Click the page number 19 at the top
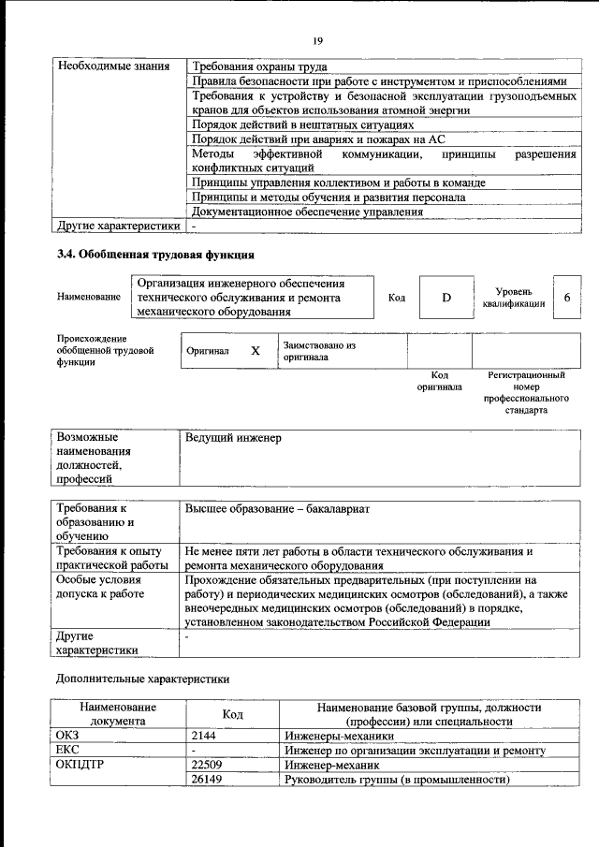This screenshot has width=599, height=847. click(x=317, y=39)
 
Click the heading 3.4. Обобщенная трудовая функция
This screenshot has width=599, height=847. click(x=155, y=254)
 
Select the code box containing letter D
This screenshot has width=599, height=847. click(x=446, y=297)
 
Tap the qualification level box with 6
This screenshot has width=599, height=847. click(x=566, y=297)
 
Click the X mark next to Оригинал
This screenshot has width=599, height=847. click(x=255, y=351)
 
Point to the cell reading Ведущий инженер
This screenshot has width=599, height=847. click(x=233, y=437)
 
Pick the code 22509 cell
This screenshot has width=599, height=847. click(x=208, y=765)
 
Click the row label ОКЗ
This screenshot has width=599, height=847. click(x=70, y=737)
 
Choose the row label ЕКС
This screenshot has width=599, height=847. click(x=69, y=751)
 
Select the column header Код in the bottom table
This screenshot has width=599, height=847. click(x=232, y=715)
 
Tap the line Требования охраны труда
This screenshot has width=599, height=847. click(x=258, y=66)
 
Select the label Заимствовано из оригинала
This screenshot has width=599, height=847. click(x=318, y=351)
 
